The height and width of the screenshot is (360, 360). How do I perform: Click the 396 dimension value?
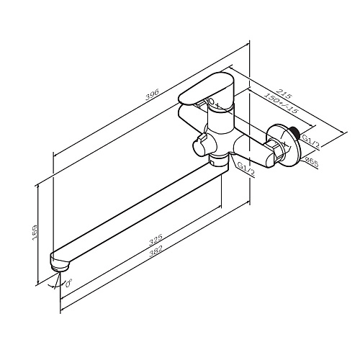(152, 94)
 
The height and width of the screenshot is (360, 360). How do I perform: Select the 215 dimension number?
(284, 94)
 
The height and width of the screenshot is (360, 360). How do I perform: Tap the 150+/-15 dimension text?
(281, 103)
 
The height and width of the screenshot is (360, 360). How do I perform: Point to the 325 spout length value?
(156, 240)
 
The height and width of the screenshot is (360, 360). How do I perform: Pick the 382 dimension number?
(156, 251)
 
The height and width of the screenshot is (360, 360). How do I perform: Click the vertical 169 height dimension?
(35, 233)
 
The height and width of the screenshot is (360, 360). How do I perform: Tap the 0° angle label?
(68, 283)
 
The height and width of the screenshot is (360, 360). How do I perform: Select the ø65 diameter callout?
(312, 162)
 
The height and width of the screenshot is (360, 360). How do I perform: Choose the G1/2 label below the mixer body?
(246, 168)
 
